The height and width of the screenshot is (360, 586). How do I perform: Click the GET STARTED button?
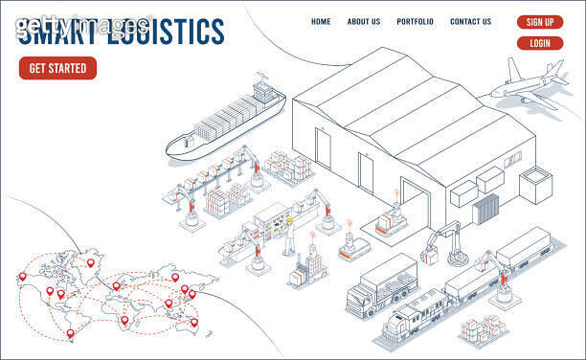coord(57,68)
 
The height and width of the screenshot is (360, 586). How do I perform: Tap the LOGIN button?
coord(539,43)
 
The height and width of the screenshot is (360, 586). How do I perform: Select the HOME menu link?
coord(321,22)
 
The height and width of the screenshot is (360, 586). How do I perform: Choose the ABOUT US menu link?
coord(363,22)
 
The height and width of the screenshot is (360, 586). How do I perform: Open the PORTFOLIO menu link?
coord(415,22)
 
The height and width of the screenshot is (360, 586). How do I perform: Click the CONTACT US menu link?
coord(470,22)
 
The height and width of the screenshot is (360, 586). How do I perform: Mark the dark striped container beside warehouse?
coord(487,208)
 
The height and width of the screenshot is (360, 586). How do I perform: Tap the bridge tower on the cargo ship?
coord(261,93)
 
